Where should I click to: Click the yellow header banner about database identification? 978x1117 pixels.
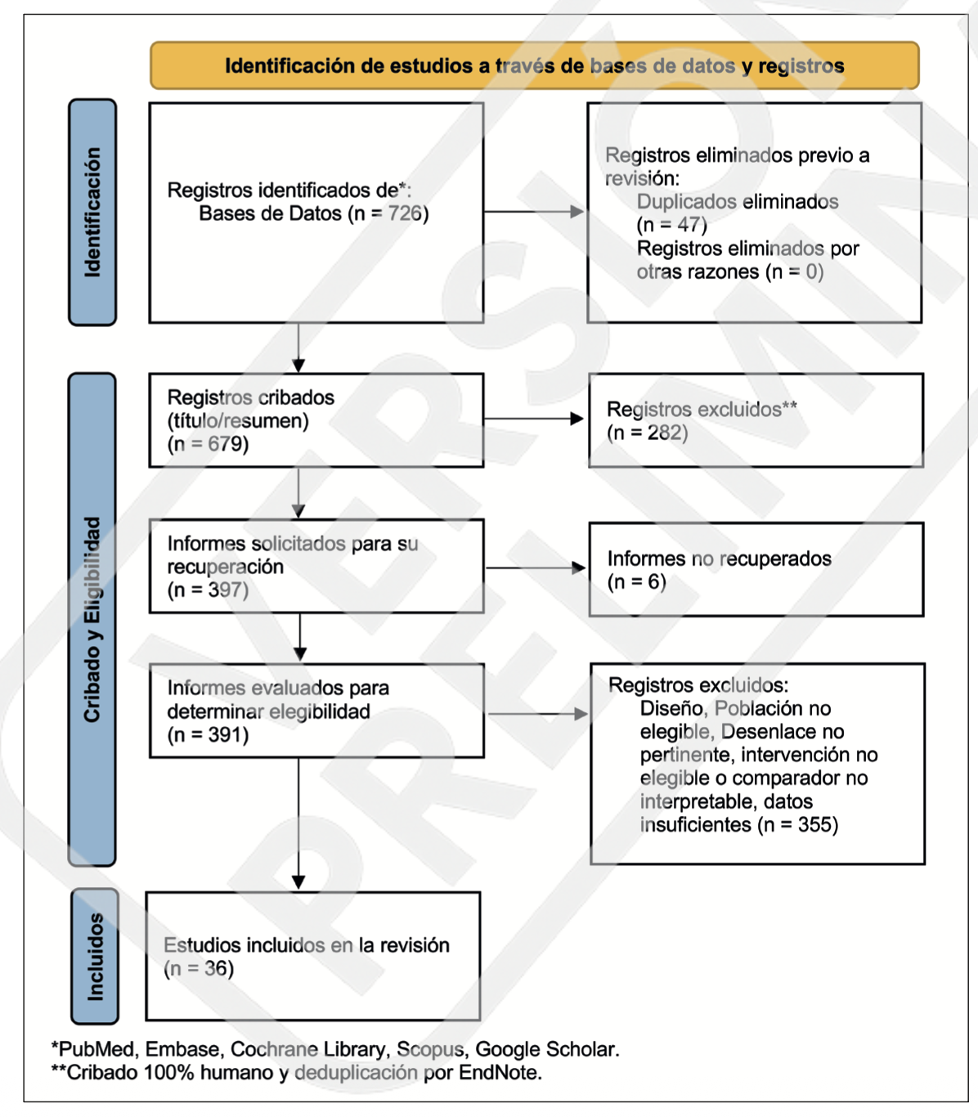point(535,65)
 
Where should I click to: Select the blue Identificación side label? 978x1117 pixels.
point(92,213)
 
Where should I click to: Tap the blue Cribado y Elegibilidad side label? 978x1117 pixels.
point(92,619)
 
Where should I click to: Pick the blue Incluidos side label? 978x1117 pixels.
point(95,957)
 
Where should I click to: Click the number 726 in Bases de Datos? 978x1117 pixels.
point(405,213)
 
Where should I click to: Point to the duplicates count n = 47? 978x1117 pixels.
point(672,225)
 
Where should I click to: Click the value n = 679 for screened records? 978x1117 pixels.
point(208,444)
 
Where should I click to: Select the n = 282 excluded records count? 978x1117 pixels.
point(648,433)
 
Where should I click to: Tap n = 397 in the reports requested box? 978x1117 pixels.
point(208,590)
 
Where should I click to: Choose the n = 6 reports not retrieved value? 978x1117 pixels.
point(636,582)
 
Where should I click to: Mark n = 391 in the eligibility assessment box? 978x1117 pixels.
point(208,735)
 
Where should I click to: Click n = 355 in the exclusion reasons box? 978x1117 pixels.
point(797,825)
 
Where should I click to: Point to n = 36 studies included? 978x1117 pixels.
point(199,968)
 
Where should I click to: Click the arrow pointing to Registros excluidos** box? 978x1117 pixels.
point(534,419)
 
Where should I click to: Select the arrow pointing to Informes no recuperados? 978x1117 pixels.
point(536,567)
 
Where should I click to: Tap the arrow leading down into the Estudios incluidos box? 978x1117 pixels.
point(298,823)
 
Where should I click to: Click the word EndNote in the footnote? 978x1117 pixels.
point(500,1073)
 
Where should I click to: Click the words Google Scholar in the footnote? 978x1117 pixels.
point(547,1050)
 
